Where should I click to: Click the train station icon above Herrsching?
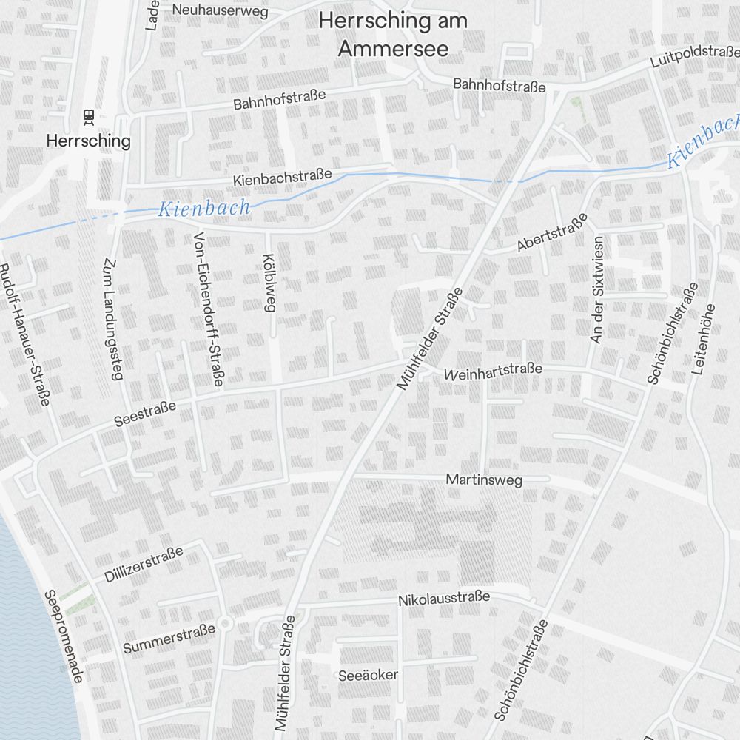click(x=88, y=116)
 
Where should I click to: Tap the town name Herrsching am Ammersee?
click(x=393, y=34)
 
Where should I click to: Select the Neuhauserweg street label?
click(x=209, y=10)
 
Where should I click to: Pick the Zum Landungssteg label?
click(x=112, y=319)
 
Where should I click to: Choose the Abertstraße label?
click(x=552, y=232)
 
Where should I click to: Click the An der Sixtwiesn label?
click(x=597, y=289)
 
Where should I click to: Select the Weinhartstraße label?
click(x=493, y=372)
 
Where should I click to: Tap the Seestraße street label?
click(x=145, y=414)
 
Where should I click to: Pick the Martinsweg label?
click(x=484, y=480)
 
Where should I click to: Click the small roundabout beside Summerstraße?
click(x=226, y=624)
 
